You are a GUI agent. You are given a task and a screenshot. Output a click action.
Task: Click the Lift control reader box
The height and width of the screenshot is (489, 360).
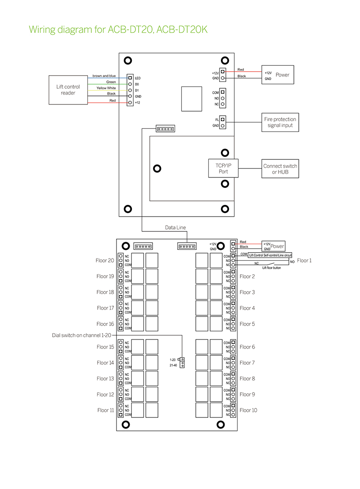tap(67, 90)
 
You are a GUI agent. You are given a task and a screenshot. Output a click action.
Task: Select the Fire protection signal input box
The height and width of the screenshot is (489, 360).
tap(280, 122)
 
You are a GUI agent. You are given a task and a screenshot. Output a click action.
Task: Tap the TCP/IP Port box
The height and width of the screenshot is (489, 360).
tap(223, 168)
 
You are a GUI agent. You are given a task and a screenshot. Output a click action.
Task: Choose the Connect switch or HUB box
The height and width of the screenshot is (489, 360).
tap(280, 169)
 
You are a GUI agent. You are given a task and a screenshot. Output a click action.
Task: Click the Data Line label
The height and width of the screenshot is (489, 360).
tap(175, 228)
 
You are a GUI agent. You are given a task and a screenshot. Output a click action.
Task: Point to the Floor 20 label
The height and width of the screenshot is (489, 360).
tap(105, 261)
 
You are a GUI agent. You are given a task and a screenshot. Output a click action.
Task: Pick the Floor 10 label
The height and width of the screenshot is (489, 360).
tap(248, 410)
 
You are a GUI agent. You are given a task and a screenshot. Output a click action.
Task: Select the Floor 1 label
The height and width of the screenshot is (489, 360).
tap(304, 261)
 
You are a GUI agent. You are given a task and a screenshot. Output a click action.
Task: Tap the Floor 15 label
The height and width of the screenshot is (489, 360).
tap(105, 347)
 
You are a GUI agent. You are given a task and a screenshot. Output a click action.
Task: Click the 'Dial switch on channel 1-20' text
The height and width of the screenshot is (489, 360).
tap(81, 335)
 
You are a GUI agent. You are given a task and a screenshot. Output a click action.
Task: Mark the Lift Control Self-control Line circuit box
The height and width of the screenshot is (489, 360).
tap(270, 255)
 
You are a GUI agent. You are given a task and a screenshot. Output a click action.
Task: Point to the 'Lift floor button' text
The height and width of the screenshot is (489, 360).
tap(272, 268)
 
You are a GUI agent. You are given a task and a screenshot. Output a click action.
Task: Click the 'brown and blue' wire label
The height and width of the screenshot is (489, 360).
tap(104, 76)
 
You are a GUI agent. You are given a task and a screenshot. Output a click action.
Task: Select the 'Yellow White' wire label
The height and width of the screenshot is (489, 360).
tap(106, 88)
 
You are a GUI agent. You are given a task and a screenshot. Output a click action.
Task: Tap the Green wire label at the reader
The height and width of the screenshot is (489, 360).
tap(111, 82)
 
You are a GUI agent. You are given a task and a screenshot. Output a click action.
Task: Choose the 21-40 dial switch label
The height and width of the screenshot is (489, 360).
tap(173, 365)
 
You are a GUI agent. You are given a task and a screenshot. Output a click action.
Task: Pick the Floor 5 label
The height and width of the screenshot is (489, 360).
tap(247, 324)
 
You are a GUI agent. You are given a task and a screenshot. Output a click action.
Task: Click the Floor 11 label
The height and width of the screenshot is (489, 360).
tap(106, 410)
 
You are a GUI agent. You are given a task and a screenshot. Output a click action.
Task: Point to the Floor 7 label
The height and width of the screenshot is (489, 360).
tap(247, 363)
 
